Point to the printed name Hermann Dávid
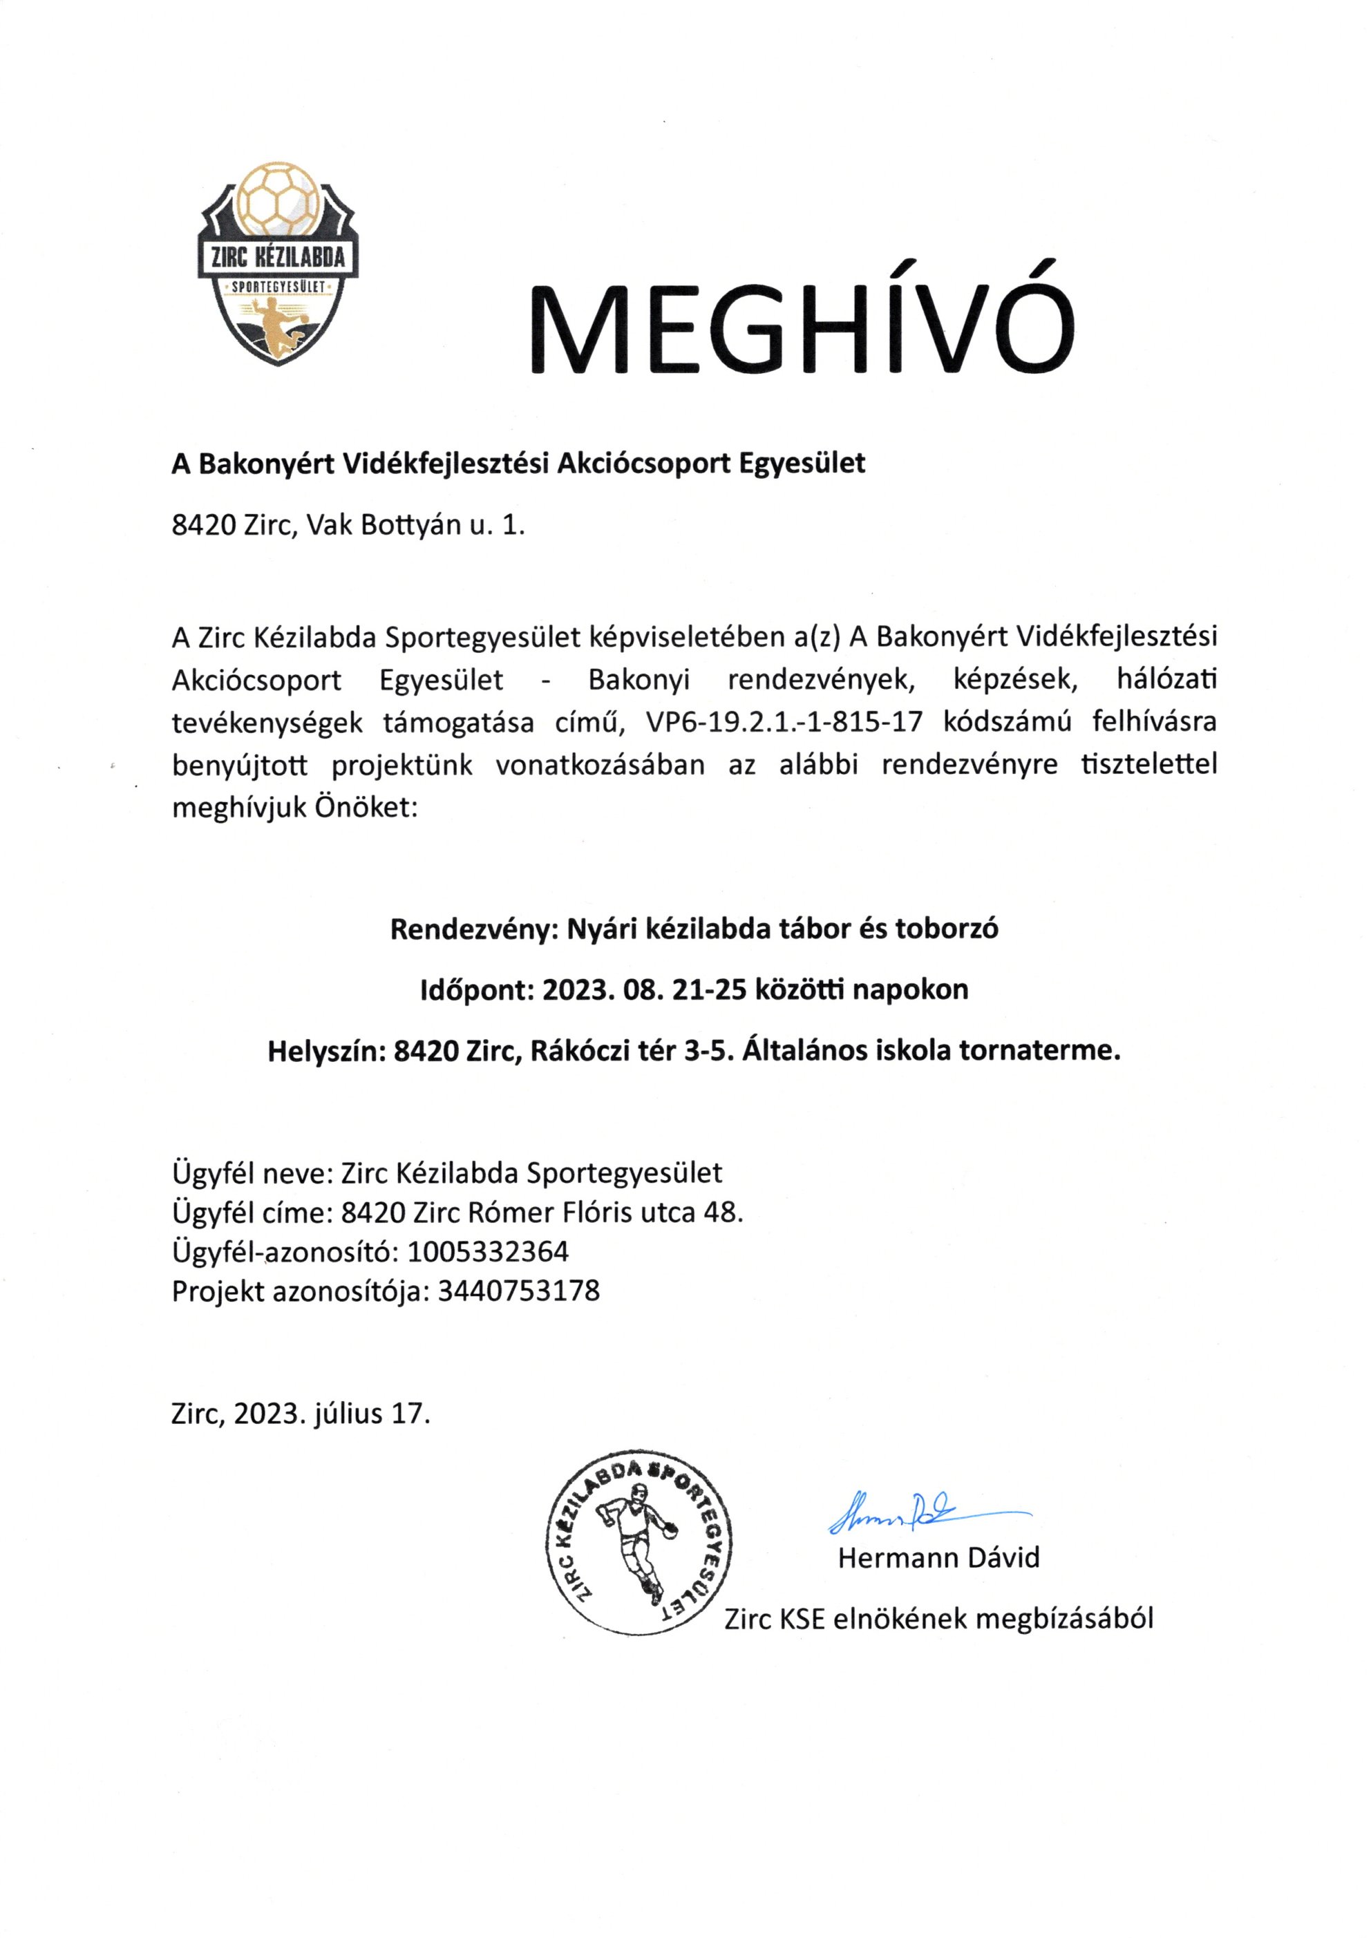click(938, 1557)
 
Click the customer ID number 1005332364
click(488, 1251)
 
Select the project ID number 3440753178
click(518, 1291)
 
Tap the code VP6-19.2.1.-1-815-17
click(784, 723)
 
